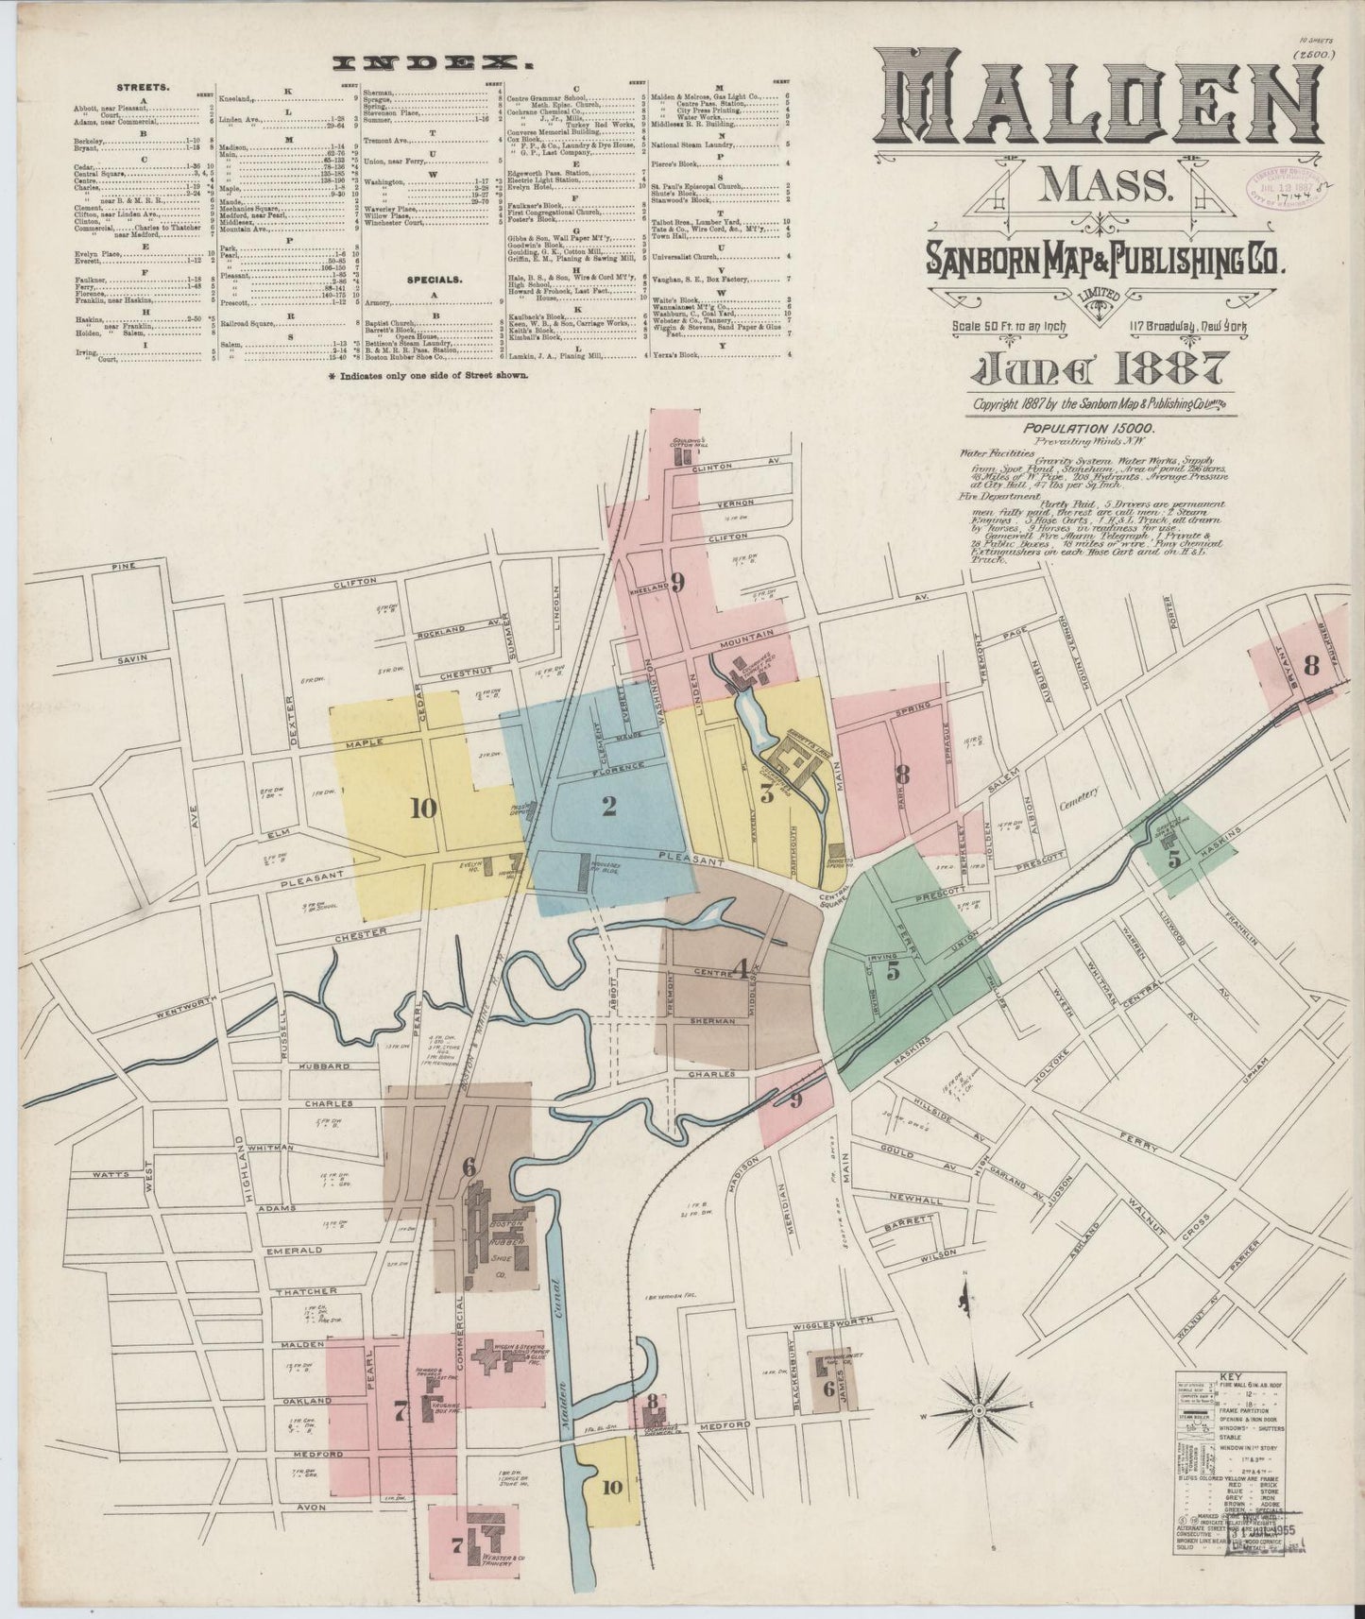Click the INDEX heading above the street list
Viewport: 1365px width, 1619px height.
tap(431, 63)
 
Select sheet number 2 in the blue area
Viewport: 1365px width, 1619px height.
tap(609, 806)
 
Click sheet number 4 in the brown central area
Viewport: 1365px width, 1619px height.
tap(742, 969)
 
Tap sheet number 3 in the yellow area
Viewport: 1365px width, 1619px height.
tap(767, 793)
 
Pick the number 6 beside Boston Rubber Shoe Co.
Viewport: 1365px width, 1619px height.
tap(469, 1167)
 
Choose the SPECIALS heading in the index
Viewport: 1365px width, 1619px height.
tap(434, 281)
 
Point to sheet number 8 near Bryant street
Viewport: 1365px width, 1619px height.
tap(1310, 666)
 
